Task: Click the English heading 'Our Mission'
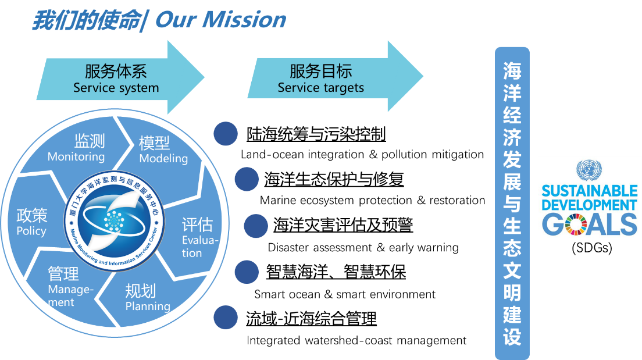[221, 20]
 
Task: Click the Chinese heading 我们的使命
[85, 20]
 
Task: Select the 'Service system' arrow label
[116, 88]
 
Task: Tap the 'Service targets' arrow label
[320, 88]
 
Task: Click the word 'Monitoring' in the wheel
[76, 157]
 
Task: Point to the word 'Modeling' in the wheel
[163, 158]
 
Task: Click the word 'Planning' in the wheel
[148, 306]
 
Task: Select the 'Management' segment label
[70, 295]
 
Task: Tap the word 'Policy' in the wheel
[31, 231]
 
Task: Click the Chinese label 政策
[32, 216]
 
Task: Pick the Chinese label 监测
[89, 141]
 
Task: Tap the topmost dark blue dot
[226, 134]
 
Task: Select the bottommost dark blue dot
[226, 318]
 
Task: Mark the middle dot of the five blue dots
[255, 226]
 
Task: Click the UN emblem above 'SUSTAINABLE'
[589, 171]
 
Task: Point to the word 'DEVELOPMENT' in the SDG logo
[589, 205]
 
